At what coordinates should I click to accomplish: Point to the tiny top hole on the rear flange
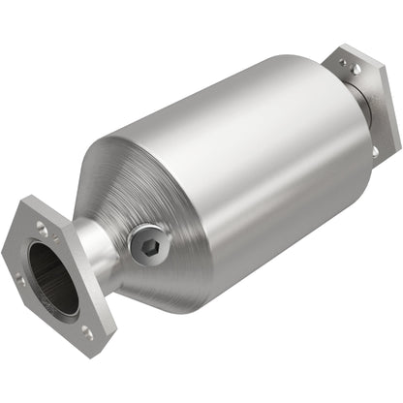341,63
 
